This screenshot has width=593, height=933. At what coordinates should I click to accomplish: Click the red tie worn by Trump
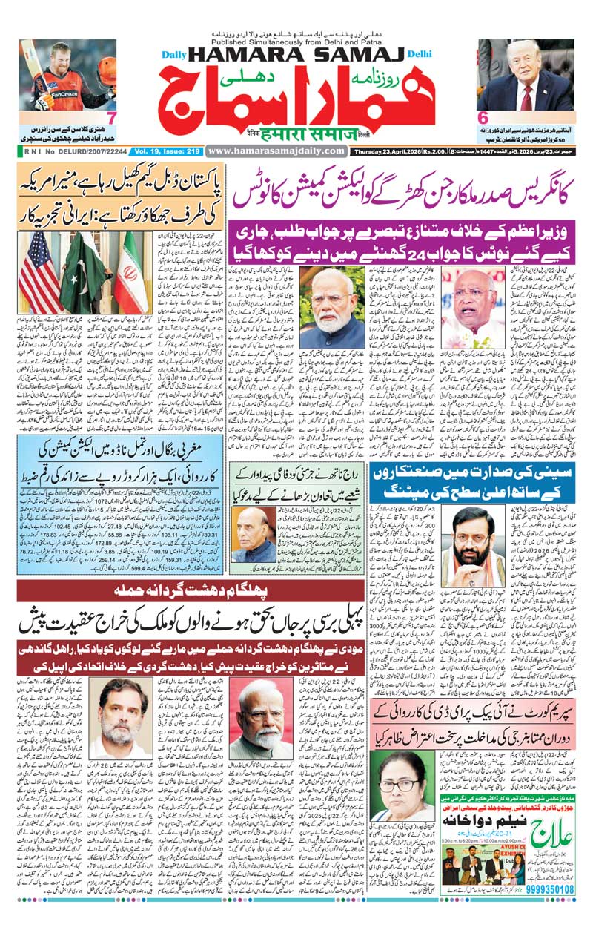point(527,96)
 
